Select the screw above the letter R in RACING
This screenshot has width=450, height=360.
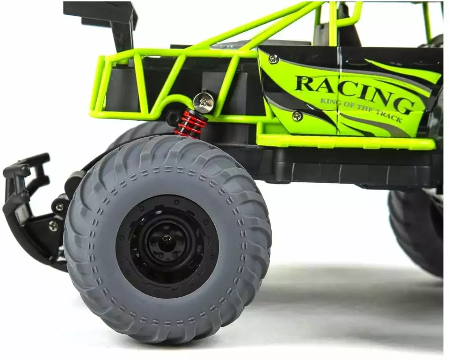tap(274, 59)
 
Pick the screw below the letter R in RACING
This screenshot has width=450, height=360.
tap(298, 115)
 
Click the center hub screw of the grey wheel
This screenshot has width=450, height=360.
tap(167, 238)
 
